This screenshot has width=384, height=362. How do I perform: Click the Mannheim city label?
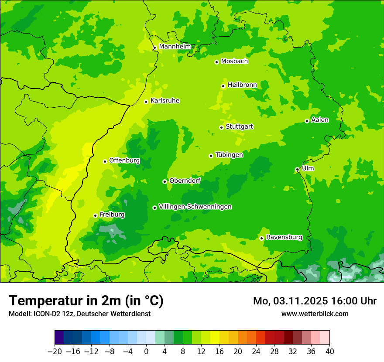click(x=175, y=47)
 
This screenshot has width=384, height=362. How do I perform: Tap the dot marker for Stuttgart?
click(x=222, y=127)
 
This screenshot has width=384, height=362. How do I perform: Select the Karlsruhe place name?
click(x=165, y=101)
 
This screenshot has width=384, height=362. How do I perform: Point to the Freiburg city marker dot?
click(x=95, y=215)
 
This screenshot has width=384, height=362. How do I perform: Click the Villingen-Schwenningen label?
click(x=195, y=207)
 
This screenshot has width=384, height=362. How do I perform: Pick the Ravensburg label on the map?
click(x=284, y=237)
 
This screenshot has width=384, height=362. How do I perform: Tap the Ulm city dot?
click(x=297, y=169)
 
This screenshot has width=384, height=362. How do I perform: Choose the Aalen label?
click(x=320, y=120)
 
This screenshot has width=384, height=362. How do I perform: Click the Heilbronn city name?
click(x=242, y=85)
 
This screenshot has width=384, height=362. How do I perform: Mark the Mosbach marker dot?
click(x=216, y=62)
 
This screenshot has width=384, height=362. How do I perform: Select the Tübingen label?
click(x=229, y=155)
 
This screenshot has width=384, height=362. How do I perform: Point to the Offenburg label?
click(x=124, y=161)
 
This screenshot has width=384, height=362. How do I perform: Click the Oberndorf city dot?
click(x=165, y=181)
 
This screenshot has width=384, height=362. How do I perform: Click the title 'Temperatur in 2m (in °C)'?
click(x=86, y=301)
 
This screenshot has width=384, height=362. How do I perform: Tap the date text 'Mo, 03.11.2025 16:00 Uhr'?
click(x=315, y=301)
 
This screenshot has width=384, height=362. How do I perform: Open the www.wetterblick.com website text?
click(x=315, y=314)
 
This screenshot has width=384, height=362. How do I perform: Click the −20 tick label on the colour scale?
click(x=55, y=352)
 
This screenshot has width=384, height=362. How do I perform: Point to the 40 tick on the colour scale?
click(x=329, y=352)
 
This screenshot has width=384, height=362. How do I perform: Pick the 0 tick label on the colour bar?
click(x=146, y=352)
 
